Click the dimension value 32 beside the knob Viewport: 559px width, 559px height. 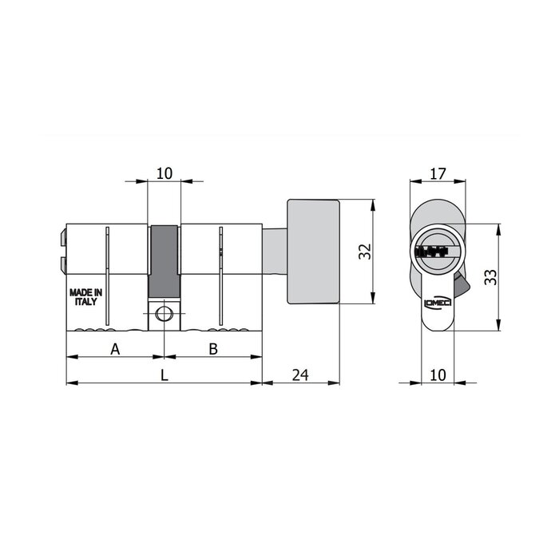pos(364,252)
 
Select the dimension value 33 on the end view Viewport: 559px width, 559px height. pos(490,277)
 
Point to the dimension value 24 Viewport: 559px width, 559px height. pos(300,373)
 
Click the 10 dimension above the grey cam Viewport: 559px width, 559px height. pos(165,172)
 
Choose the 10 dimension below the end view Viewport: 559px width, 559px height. pos(437,373)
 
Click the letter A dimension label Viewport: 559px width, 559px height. pos(115,348)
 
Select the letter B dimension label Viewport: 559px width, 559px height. pos(213,348)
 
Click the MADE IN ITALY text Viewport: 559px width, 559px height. pos(85,297)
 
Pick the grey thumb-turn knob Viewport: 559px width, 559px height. pos(314,252)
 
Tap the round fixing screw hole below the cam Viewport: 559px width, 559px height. pos(165,315)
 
